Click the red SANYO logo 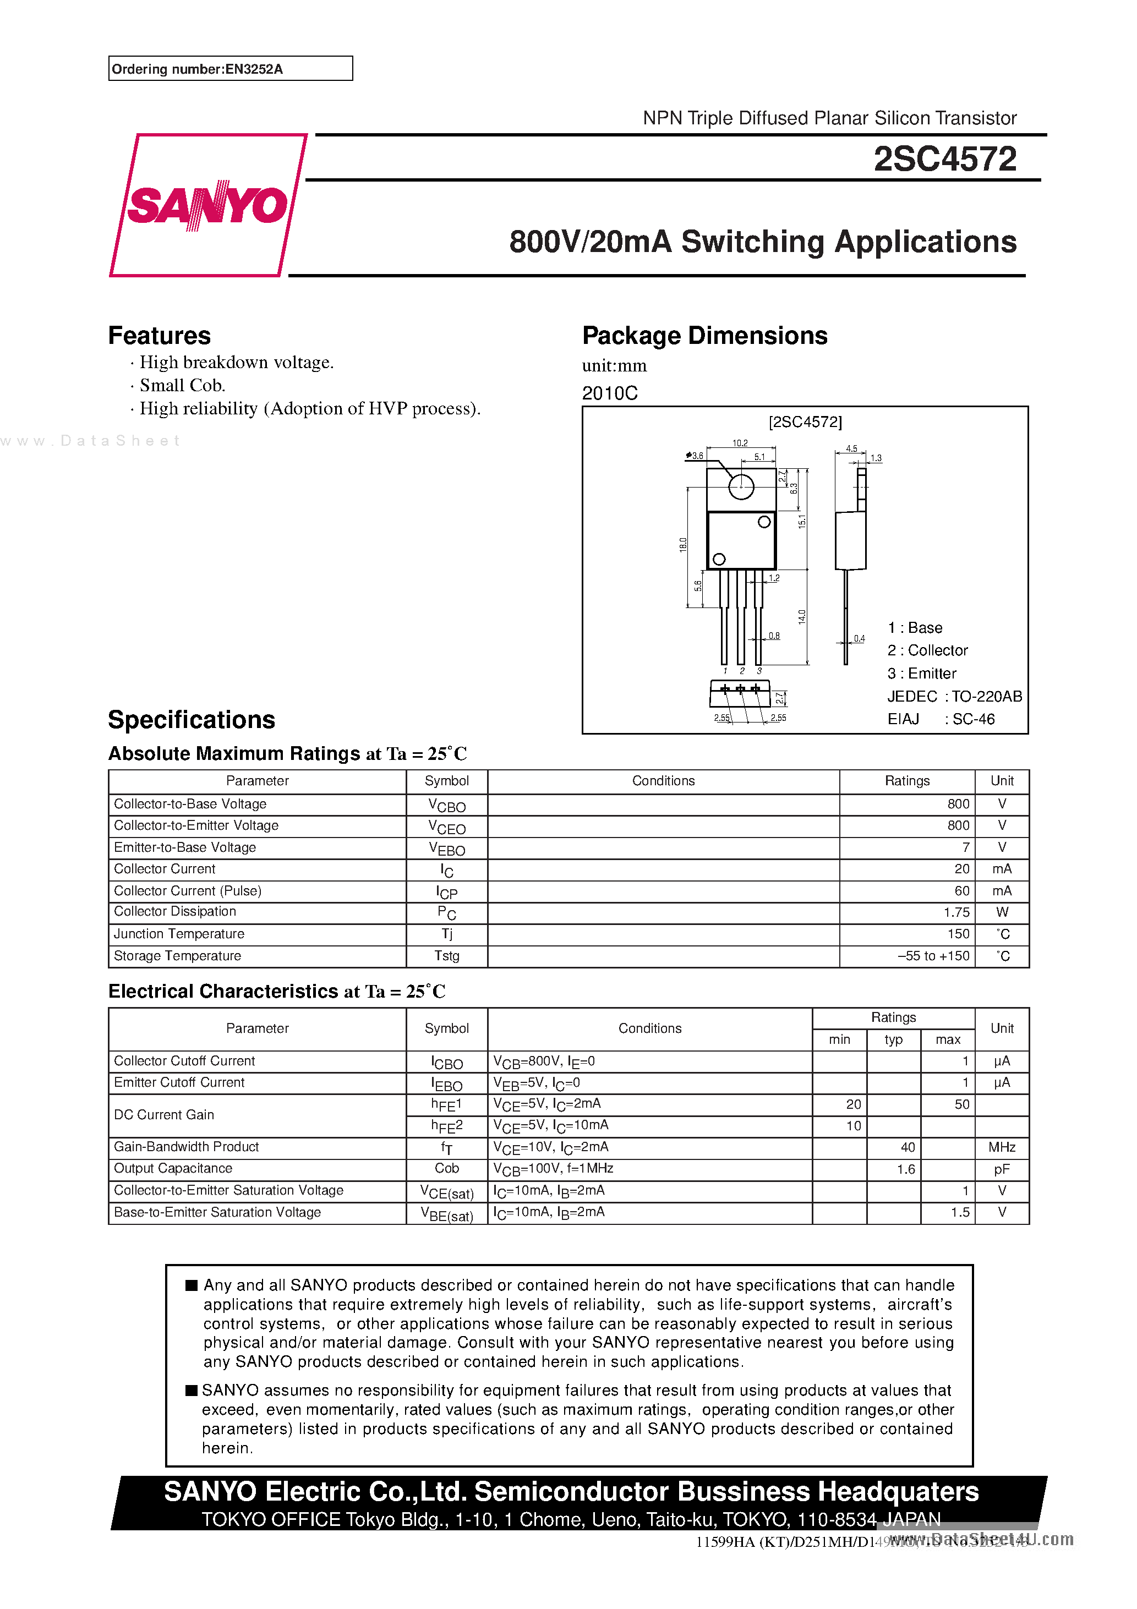207,205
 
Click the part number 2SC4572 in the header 944,159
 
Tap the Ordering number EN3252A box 230,69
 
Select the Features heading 159,336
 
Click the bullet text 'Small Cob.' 182,385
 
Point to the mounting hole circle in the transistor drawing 741,486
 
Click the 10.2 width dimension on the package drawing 740,443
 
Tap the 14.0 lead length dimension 801,617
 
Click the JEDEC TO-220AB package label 954,696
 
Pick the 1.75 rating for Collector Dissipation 956,912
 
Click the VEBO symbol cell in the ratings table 446,849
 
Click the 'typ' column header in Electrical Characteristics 893,1040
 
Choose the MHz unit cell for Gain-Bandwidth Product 1001,1147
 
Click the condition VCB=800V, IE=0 544,1061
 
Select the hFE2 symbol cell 446,1126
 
